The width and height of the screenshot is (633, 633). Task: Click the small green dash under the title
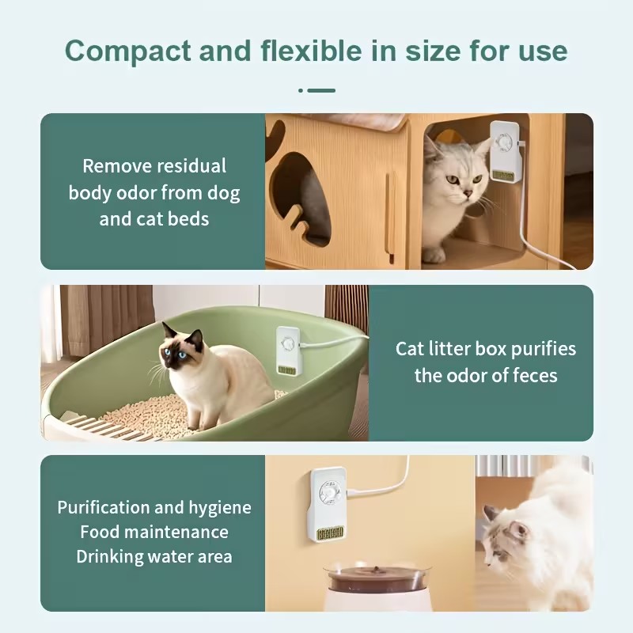[321, 90]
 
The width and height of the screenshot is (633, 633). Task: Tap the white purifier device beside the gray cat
[504, 150]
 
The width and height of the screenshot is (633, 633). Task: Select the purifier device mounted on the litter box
[289, 350]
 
